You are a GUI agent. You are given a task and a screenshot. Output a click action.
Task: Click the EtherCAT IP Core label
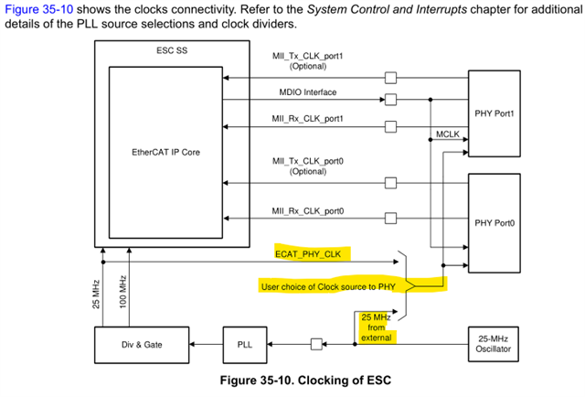(165, 152)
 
